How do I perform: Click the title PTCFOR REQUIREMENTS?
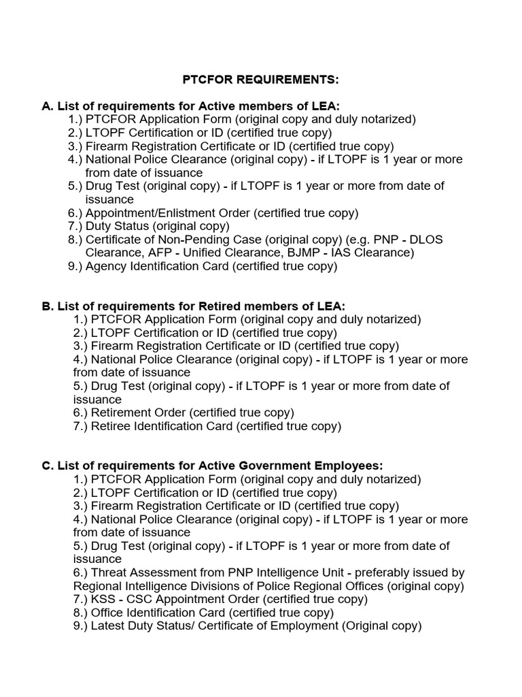tap(260, 80)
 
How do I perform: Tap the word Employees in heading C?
tap(350, 466)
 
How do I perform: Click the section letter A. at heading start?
tap(47, 106)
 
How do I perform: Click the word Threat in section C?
tap(108, 573)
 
